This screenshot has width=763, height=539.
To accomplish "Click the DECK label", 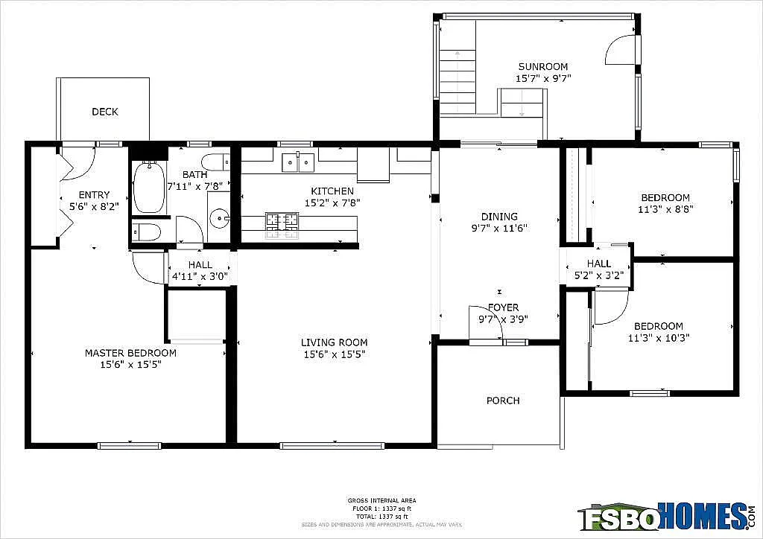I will (x=105, y=112).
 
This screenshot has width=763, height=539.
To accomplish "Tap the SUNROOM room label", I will (x=543, y=66).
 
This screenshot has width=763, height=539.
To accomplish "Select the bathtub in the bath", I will (x=150, y=186).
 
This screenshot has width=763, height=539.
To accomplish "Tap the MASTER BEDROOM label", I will (x=130, y=353).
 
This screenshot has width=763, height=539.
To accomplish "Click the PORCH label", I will (x=503, y=401).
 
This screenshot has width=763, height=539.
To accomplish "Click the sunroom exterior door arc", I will (x=620, y=52).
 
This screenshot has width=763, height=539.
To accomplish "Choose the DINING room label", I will (x=499, y=217).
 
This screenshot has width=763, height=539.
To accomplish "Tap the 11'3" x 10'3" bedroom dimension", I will (x=658, y=337).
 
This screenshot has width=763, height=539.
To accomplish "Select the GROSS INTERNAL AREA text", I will (x=381, y=500).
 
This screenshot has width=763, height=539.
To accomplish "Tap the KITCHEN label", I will (x=332, y=191).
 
